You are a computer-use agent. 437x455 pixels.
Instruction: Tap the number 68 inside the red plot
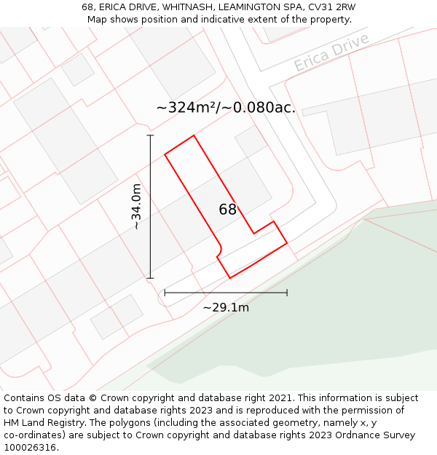coord(228,210)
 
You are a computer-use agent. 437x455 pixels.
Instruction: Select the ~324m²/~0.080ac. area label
coord(226,108)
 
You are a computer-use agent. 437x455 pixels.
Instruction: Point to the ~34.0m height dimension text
coord(136,207)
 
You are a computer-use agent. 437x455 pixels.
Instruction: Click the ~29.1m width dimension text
coord(226,307)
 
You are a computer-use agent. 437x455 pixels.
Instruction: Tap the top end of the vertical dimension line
coord(151,135)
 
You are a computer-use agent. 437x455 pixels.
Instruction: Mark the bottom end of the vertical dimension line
coord(151,278)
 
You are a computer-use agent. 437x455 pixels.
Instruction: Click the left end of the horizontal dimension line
coord(165,293)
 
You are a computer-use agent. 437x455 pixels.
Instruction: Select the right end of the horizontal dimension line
coord(287,293)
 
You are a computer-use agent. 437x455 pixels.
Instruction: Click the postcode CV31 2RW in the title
coord(331,7)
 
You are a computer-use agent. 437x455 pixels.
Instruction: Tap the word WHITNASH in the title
coord(186,7)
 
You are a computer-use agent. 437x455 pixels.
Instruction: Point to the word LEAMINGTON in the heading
coord(251,7)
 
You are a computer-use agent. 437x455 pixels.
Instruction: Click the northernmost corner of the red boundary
coord(194,135)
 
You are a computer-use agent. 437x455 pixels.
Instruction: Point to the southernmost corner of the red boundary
coord(230,278)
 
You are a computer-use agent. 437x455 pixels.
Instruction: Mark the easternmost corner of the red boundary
coord(287,242)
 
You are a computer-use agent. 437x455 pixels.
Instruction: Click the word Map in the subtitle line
coord(98,20)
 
